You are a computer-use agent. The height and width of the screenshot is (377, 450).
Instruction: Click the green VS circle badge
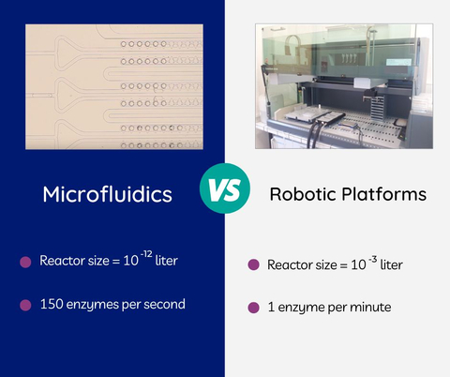point(224,193)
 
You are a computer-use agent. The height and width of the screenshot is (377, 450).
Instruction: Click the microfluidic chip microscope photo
point(113,87)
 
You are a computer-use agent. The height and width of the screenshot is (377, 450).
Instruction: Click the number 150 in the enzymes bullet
point(52,304)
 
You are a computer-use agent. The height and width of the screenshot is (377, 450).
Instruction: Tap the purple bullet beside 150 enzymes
point(25,305)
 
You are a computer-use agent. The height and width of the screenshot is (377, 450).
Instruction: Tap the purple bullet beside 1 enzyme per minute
point(253,308)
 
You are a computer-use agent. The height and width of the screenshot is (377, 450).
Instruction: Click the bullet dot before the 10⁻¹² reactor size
point(25,262)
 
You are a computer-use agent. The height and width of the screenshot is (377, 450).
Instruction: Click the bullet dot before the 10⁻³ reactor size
point(253,265)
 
